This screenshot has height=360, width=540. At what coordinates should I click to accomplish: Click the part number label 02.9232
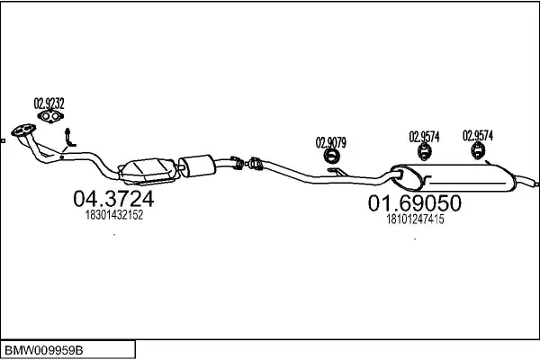pos(49,103)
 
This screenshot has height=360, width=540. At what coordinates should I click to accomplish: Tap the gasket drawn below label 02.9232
pos(50,116)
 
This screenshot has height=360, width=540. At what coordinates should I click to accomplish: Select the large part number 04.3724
pos(113,198)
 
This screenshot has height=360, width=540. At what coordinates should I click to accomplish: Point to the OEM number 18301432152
pos(114,215)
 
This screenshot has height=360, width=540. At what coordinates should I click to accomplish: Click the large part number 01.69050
pos(415,202)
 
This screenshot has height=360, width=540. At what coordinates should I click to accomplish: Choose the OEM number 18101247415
pos(415,219)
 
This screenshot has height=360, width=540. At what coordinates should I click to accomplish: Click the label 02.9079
pos(331,142)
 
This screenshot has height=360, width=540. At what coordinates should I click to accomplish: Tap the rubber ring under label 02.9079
pos(332,156)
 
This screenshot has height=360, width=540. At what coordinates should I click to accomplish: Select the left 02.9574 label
pos(424,137)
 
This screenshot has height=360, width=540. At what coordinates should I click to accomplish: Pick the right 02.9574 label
pos(478,135)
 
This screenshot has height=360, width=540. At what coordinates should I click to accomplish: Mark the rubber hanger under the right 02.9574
pos(478,151)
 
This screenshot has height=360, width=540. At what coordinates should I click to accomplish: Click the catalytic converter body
pos(148,170)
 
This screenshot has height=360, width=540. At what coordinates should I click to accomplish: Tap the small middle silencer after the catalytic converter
pos(196,166)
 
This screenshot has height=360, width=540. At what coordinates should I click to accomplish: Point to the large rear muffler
pos(453,178)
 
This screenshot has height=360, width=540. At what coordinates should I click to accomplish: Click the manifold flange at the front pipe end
pos(23,130)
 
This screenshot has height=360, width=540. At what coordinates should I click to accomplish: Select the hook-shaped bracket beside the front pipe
pos(69,138)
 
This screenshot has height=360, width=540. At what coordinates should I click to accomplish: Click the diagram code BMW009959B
pos(44,351)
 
